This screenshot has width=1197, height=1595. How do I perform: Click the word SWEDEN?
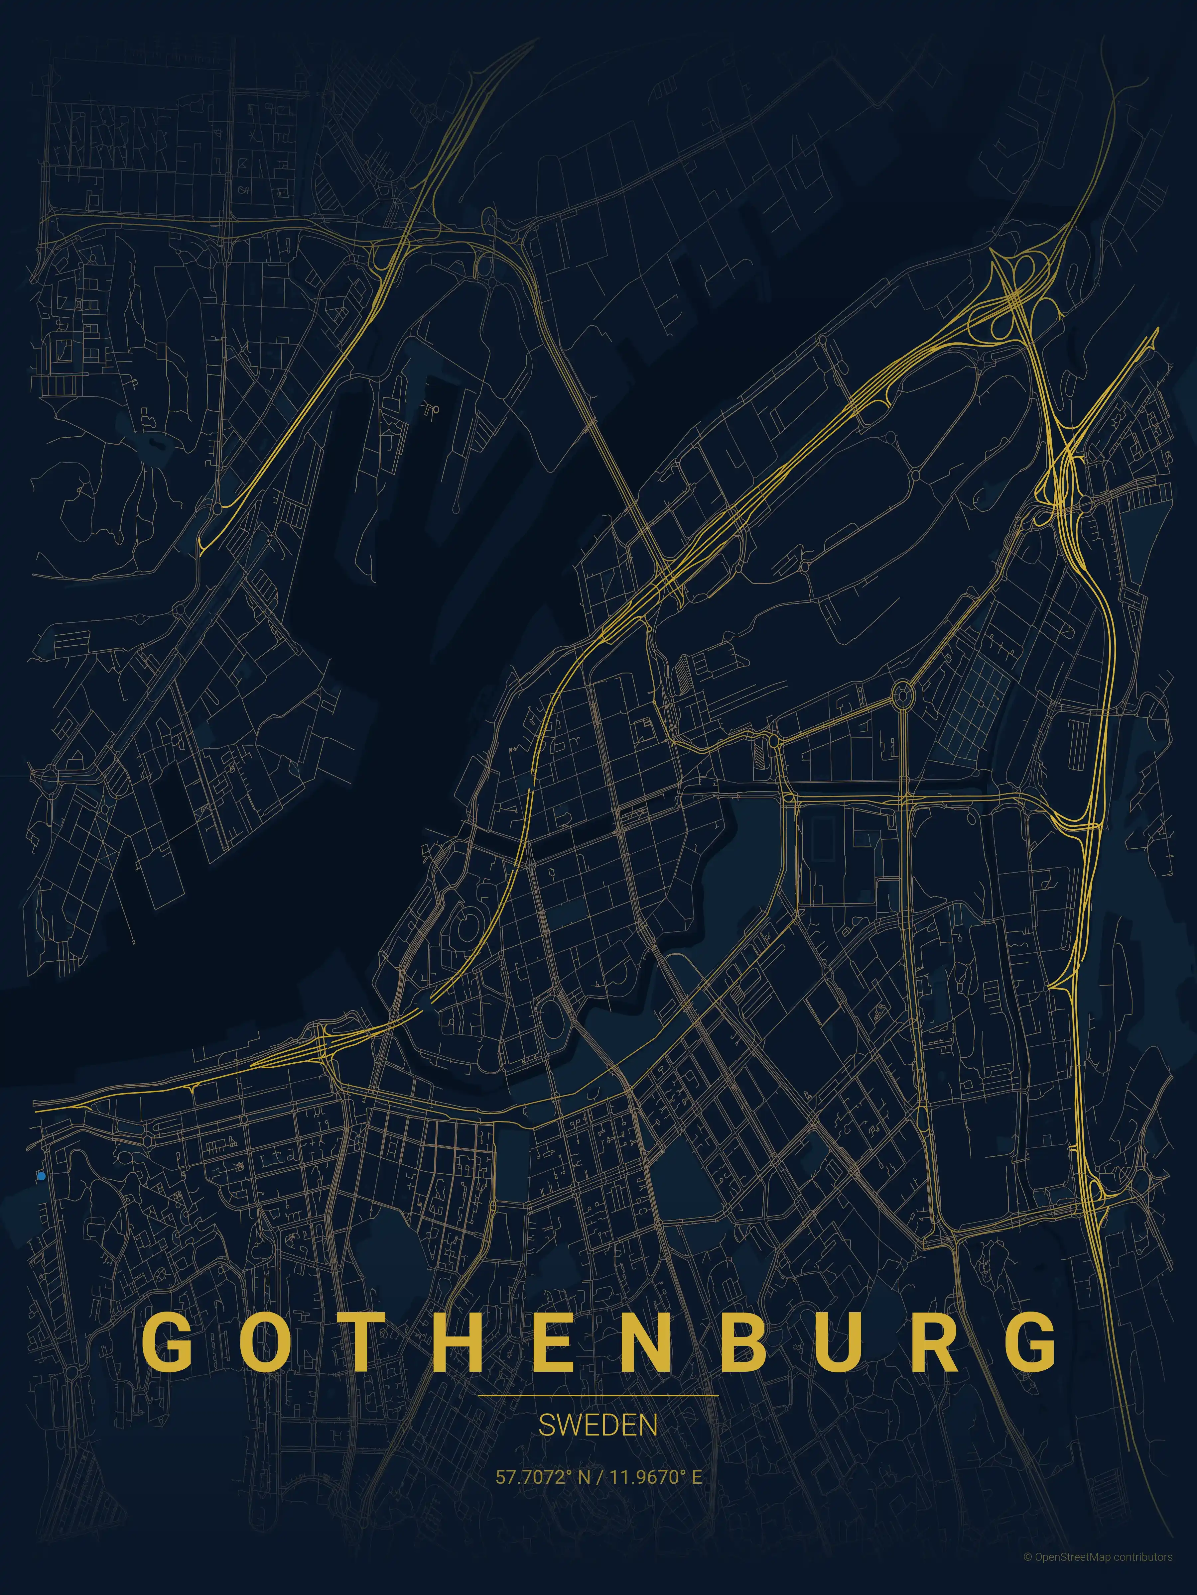pyautogui.click(x=598, y=1426)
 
